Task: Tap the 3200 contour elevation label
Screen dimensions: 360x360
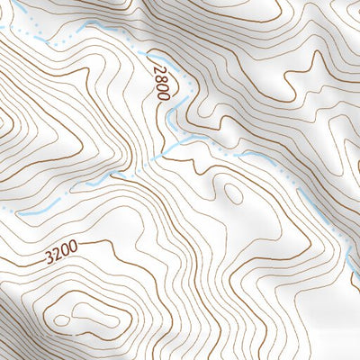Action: [x=60, y=256]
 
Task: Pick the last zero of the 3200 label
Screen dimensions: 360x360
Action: [x=73, y=252]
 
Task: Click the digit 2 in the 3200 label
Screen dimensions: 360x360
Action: [x=56, y=257]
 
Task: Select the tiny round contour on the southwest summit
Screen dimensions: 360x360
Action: [x=61, y=319]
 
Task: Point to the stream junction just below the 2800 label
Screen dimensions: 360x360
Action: [x=170, y=140]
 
